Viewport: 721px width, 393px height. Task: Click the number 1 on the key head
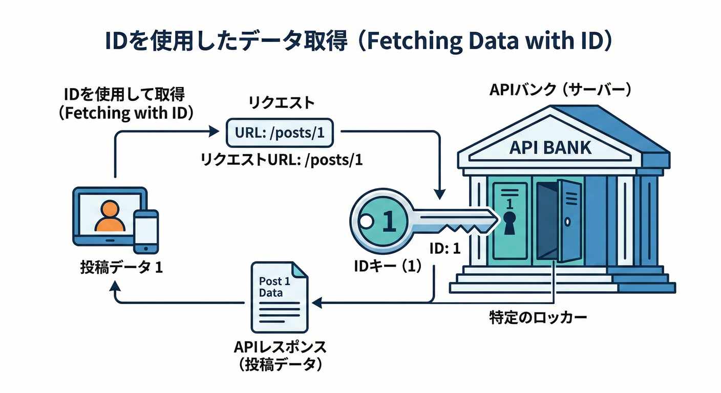388,222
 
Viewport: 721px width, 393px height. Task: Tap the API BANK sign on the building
550,148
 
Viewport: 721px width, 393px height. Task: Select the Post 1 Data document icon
278,296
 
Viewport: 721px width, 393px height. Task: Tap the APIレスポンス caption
280,347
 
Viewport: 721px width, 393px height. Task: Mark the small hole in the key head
365,222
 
